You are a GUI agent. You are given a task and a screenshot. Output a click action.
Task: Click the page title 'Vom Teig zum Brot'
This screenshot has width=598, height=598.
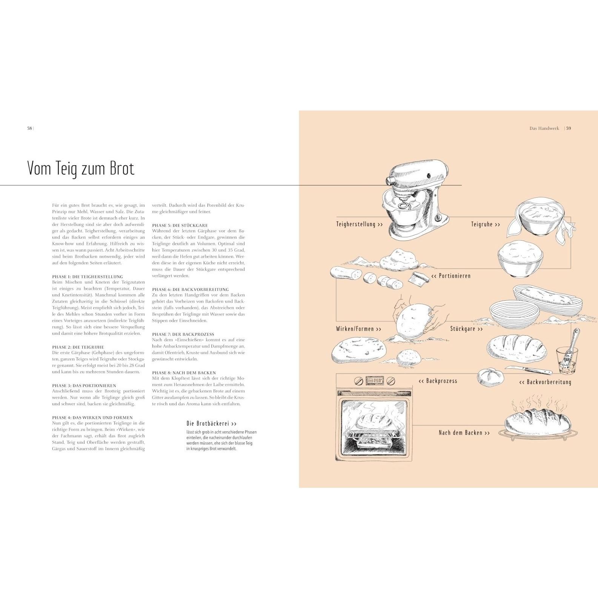(81, 168)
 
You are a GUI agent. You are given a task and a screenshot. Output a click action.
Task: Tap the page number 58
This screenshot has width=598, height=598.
(29, 128)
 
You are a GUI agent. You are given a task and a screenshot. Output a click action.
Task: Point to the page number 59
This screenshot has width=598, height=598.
(569, 128)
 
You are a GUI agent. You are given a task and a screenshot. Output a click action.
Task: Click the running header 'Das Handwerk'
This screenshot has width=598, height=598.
(544, 128)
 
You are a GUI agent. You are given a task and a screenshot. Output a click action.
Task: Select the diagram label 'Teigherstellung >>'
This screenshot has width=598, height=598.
(359, 224)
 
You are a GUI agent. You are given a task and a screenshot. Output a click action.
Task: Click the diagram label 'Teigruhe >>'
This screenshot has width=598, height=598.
(485, 224)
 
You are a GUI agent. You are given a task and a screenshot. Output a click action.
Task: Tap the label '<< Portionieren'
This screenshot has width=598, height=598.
(451, 276)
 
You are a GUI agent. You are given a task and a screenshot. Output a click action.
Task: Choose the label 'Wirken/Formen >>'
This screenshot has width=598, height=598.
(358, 329)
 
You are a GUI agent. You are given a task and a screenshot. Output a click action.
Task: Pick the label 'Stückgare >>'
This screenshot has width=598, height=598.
(466, 329)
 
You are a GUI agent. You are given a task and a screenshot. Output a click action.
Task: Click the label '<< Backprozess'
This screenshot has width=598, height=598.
(438, 381)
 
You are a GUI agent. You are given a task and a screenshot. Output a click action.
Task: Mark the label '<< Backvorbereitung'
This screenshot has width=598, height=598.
(545, 382)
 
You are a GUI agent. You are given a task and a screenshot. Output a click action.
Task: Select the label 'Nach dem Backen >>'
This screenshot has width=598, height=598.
(464, 433)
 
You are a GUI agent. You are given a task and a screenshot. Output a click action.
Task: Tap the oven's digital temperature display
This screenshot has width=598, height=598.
(373, 381)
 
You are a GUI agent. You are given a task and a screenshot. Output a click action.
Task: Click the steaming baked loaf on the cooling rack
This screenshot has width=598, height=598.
(538, 421)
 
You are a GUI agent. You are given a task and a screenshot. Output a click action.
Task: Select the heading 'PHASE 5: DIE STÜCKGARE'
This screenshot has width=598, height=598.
(180, 225)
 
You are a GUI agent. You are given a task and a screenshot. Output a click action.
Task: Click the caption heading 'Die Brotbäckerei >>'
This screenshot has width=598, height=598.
(212, 424)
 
